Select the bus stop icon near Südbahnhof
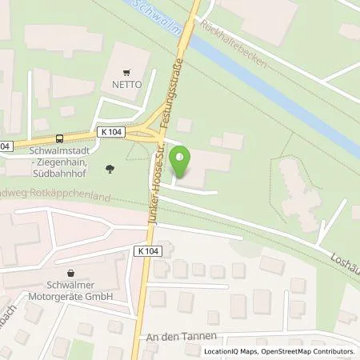59,138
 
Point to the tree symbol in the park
109,168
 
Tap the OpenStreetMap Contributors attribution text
312,351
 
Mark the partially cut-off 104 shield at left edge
5,146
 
